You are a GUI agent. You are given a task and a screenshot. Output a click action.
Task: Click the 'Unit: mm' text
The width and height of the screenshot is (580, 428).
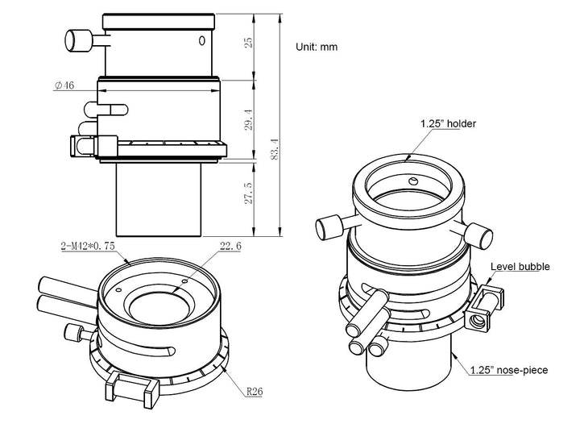click(x=316, y=47)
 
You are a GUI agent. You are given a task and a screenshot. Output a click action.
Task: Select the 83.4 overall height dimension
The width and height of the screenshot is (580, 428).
click(x=275, y=150)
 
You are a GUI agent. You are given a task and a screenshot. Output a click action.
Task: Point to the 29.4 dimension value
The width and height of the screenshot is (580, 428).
click(x=249, y=119)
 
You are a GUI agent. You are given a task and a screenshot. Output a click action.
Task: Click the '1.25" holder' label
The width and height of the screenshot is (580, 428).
click(x=448, y=124)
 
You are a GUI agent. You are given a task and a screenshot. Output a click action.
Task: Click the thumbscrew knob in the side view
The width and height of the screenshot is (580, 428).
click(x=79, y=38)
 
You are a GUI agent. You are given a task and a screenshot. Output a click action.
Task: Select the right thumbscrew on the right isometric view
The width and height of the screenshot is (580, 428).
click(x=480, y=235)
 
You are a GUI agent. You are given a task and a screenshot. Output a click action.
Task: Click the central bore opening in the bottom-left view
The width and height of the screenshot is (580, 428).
click(x=158, y=306)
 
